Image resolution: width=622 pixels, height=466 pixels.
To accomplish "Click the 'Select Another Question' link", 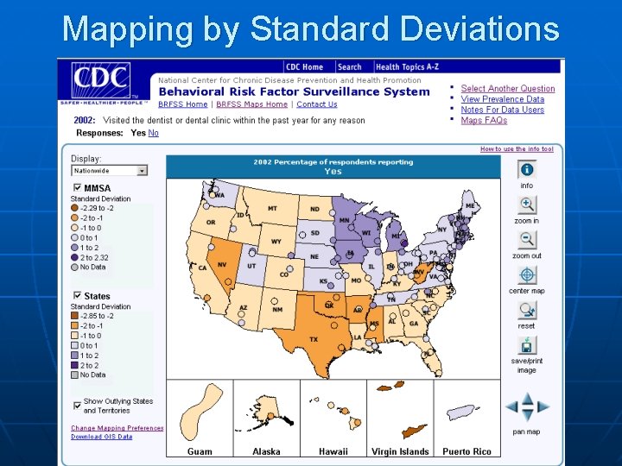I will [x=507, y=88].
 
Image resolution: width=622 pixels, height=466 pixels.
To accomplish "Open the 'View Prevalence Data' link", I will [x=502, y=99].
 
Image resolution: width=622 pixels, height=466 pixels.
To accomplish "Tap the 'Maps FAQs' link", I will [x=484, y=121].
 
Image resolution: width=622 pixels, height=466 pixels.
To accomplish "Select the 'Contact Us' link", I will [x=316, y=104].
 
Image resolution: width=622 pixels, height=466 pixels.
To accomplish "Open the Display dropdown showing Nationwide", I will [x=109, y=171].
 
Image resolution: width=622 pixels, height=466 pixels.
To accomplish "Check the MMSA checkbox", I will [x=77, y=187].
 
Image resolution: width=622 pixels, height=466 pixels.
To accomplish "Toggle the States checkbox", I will [x=77, y=296].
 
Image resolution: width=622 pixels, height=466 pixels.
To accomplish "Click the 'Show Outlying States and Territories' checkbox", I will [x=77, y=401].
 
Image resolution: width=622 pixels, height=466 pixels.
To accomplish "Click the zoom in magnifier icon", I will [x=527, y=205].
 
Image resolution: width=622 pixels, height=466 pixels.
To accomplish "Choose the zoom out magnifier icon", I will [x=527, y=240].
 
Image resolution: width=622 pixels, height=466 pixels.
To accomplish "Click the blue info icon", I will [x=527, y=170].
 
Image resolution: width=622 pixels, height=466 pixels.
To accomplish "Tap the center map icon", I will [x=527, y=275].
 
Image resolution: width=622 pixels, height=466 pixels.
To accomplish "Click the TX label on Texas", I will [x=314, y=339].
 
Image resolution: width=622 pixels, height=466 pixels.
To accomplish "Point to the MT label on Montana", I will [x=272, y=209].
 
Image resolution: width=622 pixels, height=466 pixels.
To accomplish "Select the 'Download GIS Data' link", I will [x=101, y=437].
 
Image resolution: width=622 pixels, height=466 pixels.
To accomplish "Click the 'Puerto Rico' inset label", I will [x=466, y=451].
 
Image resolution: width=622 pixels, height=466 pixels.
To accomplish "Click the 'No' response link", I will [x=154, y=133].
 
